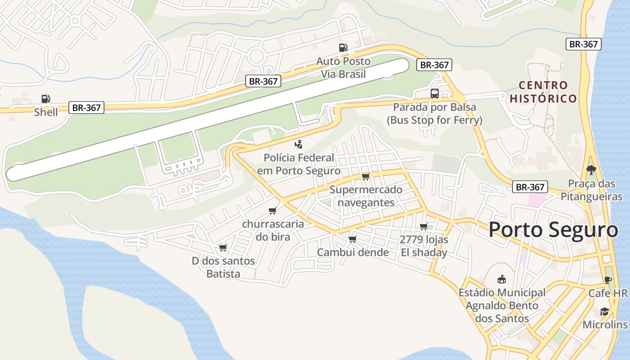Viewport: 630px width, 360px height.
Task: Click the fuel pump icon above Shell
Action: pyautogui.click(x=45, y=99)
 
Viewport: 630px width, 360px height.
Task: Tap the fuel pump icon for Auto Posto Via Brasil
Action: pyautogui.click(x=343, y=48)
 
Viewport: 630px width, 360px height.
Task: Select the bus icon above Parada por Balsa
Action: pyautogui.click(x=434, y=94)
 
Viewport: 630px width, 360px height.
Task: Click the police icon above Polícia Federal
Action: pyautogui.click(x=298, y=144)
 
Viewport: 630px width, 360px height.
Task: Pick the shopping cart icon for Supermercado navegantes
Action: pyautogui.click(x=365, y=176)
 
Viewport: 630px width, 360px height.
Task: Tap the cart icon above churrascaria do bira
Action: pyautogui.click(x=272, y=211)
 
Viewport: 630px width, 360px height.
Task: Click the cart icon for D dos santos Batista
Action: pyautogui.click(x=222, y=247)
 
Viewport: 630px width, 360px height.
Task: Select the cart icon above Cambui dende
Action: pyautogui.click(x=352, y=239)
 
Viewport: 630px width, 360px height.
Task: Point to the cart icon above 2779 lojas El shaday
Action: pyautogui.click(x=423, y=226)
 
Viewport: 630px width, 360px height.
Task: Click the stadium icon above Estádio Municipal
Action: pyautogui.click(x=501, y=279)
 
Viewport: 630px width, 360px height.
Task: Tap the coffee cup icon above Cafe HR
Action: pyautogui.click(x=608, y=280)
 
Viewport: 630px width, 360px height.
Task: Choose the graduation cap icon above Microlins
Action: pyautogui.click(x=604, y=312)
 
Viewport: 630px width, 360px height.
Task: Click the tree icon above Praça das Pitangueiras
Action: pyautogui.click(x=591, y=170)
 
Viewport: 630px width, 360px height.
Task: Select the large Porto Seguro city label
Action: pyautogui.click(x=553, y=230)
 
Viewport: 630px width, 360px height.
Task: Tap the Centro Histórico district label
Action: pyautogui.click(x=543, y=92)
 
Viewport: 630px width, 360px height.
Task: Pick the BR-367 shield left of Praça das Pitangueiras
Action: pyautogui.click(x=530, y=187)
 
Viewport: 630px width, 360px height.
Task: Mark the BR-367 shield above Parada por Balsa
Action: pyautogui.click(x=434, y=65)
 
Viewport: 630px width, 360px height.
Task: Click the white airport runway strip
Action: pyautogui.click(x=207, y=119)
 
